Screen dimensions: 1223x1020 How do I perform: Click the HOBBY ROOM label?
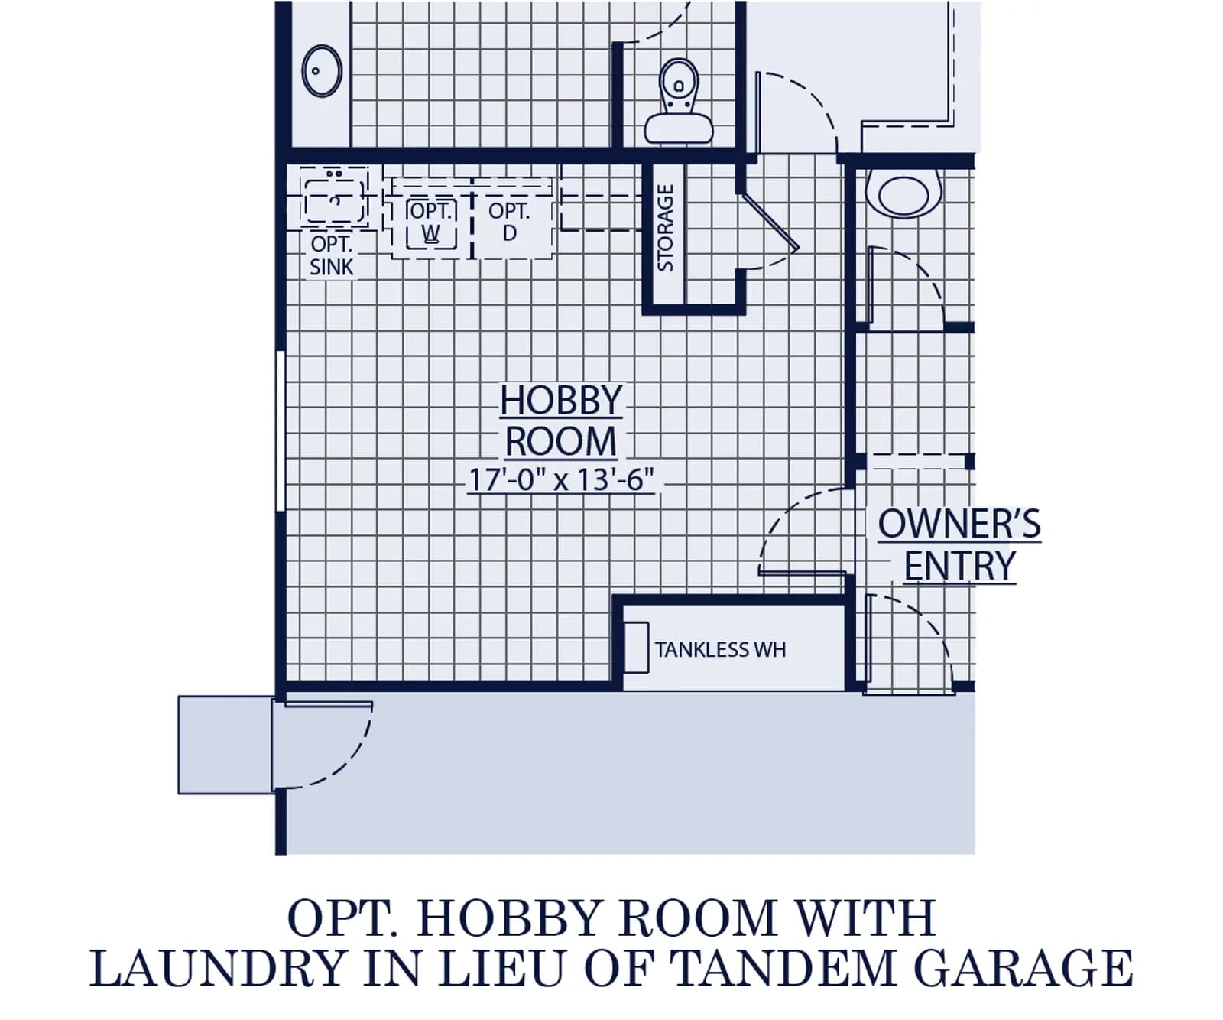click(561, 421)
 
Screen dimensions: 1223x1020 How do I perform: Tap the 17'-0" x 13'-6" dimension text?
click(561, 479)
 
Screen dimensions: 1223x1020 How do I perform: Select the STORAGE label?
click(665, 227)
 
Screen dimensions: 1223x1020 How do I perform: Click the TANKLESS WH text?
click(720, 649)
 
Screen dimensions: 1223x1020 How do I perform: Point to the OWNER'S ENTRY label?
click(959, 545)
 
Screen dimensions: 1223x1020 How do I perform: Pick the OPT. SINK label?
click(332, 255)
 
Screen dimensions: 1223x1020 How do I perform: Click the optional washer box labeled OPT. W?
click(431, 222)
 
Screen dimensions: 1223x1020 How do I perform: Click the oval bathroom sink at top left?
click(322, 71)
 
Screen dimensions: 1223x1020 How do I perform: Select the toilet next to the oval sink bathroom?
click(679, 101)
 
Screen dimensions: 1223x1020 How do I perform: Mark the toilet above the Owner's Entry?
click(904, 192)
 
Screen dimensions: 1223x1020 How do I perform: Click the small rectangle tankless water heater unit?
click(636, 648)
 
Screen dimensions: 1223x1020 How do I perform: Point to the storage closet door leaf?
click(769, 222)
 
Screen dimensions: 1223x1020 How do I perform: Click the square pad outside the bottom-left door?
click(225, 745)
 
